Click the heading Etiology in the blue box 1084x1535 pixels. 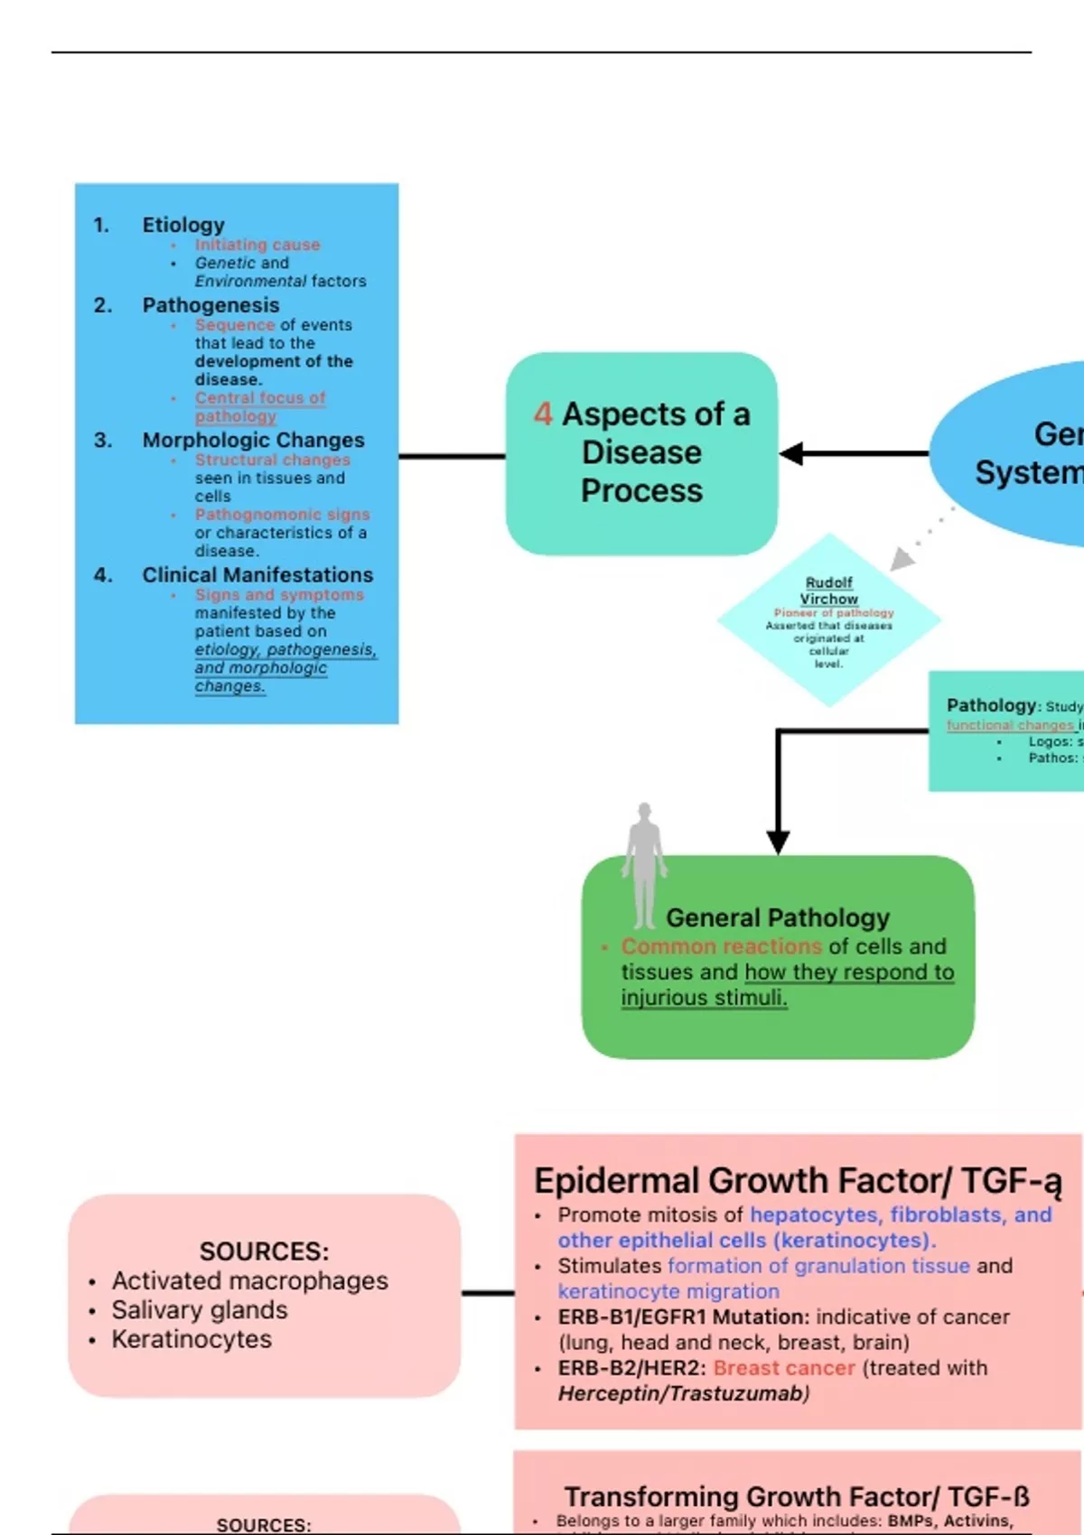click(183, 224)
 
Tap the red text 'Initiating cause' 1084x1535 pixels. click(257, 245)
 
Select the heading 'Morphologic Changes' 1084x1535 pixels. click(253, 440)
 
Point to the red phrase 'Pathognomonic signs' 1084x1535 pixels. click(282, 514)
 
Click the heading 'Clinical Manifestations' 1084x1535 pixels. click(257, 574)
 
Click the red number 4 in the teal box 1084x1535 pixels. click(543, 414)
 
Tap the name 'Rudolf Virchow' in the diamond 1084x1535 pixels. click(828, 591)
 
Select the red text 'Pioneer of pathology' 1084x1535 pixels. click(833, 612)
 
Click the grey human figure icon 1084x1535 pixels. click(644, 865)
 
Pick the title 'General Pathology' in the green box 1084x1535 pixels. click(777, 917)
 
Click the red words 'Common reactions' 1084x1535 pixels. click(721, 946)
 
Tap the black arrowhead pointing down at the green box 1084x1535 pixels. click(778, 842)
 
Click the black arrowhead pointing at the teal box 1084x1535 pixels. click(792, 454)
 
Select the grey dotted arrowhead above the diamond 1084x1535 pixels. click(902, 560)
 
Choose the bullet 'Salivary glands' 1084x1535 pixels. click(200, 1309)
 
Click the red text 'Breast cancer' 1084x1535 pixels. click(784, 1368)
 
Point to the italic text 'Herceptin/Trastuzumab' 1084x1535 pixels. click(681, 1393)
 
